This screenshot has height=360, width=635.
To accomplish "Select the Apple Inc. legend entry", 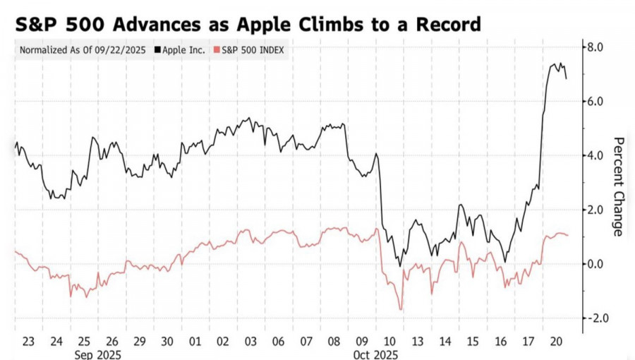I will click(186, 50).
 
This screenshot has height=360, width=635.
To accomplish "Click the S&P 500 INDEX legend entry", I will click(250, 50).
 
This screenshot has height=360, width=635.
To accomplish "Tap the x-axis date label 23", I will click(29, 340).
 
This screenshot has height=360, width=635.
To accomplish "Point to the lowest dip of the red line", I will click(401, 309).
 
